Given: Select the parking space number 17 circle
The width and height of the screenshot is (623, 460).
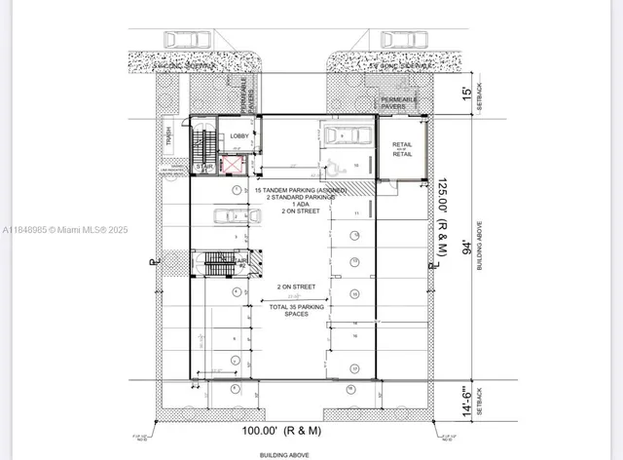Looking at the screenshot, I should pyautogui.click(x=355, y=367).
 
